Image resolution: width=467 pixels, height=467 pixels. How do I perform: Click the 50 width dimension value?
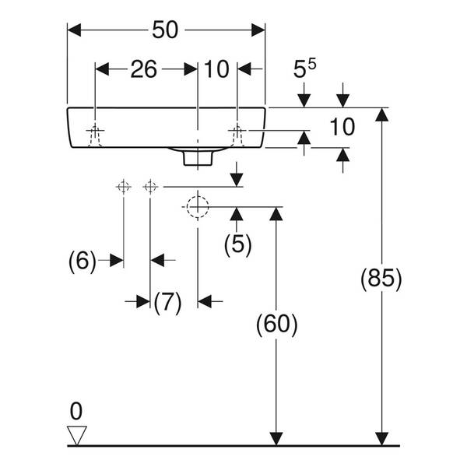pyautogui.click(x=165, y=30)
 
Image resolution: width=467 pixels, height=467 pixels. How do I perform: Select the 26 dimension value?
pyautogui.click(x=143, y=69)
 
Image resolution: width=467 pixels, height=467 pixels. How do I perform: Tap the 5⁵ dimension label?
pyautogui.click(x=304, y=68)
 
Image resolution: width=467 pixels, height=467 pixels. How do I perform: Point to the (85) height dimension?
pyautogui.click(x=381, y=279)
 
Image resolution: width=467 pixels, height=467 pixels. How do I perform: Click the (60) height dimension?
pyautogui.click(x=276, y=324)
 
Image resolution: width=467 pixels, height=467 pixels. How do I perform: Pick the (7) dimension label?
pyautogui.click(x=167, y=302)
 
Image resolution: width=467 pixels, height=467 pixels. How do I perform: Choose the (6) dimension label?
pyautogui.click(x=83, y=262)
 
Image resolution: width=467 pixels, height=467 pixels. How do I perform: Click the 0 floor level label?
pyautogui.click(x=76, y=411)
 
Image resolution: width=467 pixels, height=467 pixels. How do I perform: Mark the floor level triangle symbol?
pyautogui.click(x=77, y=435)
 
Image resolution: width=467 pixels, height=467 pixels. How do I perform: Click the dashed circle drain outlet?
pyautogui.click(x=198, y=207)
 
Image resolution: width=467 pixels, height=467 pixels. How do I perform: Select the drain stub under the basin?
pyautogui.click(x=198, y=158)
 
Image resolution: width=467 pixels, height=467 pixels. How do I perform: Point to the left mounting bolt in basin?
pyautogui.click(x=95, y=135)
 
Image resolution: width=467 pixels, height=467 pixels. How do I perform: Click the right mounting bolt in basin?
pyautogui.click(x=237, y=135)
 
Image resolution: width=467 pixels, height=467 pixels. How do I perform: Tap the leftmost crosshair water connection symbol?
pyautogui.click(x=123, y=187)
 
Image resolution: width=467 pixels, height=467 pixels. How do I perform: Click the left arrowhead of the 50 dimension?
pyautogui.click(x=74, y=30)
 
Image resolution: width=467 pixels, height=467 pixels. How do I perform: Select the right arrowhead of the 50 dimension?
pyautogui.click(x=258, y=30)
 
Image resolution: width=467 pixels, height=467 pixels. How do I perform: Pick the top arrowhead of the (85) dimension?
pyautogui.click(x=381, y=114)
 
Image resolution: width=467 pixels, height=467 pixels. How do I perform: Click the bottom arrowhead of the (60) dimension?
pyautogui.click(x=276, y=439)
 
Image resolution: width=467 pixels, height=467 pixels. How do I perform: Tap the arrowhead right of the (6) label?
pyautogui.click(x=117, y=261)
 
